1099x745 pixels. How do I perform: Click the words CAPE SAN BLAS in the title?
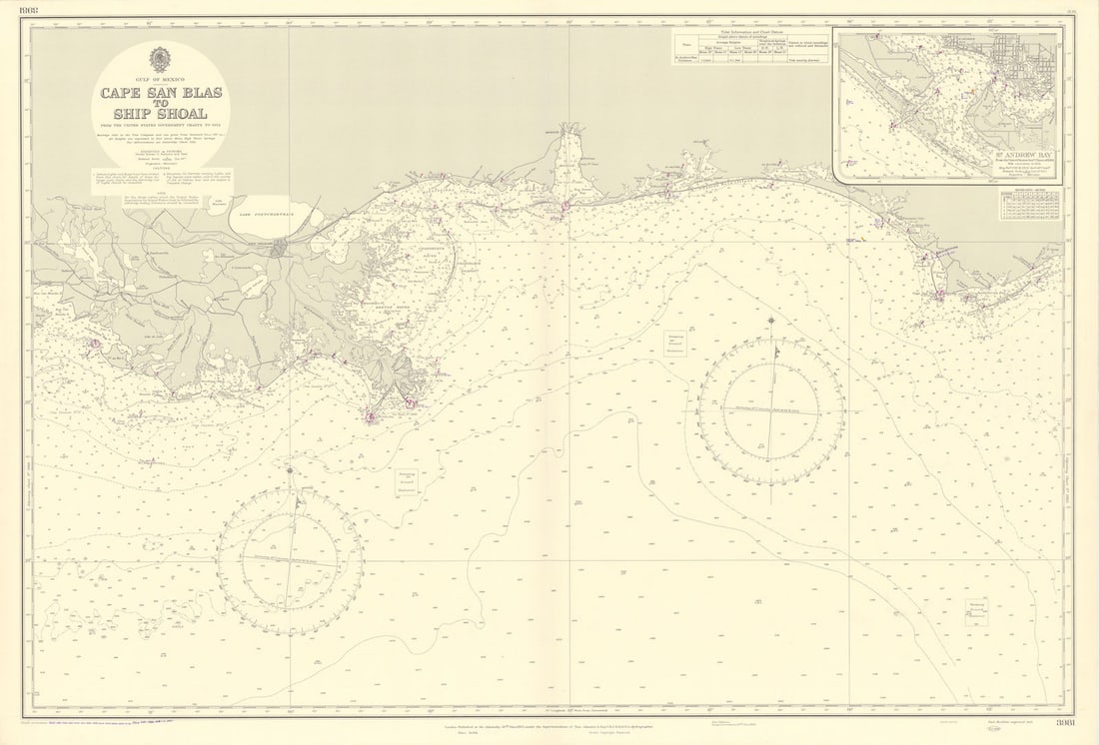coord(160,93)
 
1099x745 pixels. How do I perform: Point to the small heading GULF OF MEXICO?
coord(160,78)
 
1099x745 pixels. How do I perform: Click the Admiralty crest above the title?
coord(160,58)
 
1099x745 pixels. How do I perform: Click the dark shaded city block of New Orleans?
coord(281,247)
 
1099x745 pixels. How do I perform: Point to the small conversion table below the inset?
coord(1030,204)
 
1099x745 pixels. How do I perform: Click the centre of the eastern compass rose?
coord(771,410)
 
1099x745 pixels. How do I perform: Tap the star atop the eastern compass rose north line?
coord(771,321)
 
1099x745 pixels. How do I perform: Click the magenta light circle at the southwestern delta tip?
coord(371,416)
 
